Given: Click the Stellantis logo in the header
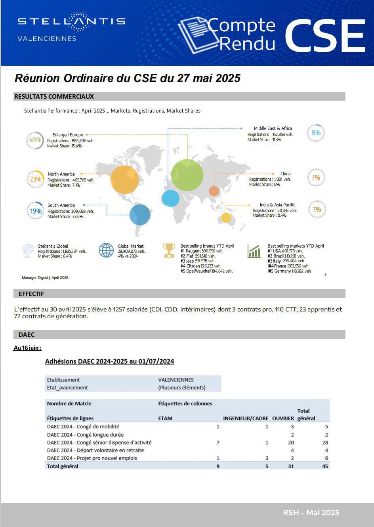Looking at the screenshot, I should point(71,22).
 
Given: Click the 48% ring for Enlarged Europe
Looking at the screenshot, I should point(35,140).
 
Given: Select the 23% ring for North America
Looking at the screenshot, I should point(35,179).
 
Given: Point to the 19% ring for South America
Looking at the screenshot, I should point(36,211).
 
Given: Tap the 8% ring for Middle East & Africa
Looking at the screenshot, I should point(316,133).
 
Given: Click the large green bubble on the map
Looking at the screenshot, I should point(187,175).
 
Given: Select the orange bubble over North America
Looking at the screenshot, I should point(124,179).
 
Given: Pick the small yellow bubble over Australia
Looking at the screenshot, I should point(226,218).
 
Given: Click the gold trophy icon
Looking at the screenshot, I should point(169,250).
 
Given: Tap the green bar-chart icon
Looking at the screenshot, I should point(254,251).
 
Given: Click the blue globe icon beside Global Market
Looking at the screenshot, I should point(106,250).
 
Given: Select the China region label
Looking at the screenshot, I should point(285,174).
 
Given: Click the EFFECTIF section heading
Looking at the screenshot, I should point(31,294).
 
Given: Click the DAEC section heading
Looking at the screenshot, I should point(27,334).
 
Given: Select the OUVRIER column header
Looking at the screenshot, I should point(283,418).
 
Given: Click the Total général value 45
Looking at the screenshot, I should point(325,466).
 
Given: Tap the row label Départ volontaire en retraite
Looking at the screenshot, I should point(95,450).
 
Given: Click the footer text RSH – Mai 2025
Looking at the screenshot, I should point(311,512).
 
